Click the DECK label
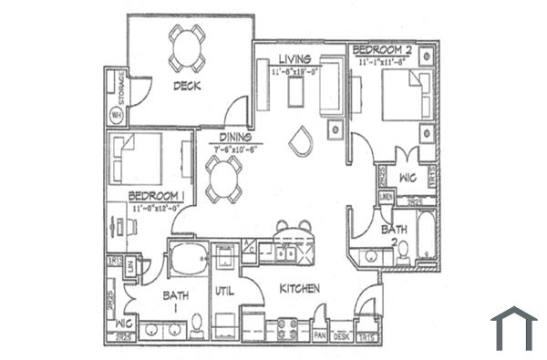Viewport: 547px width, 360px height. pos(187,87)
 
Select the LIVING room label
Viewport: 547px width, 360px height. pos(295,60)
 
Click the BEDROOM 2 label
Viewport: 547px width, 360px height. pos(383,52)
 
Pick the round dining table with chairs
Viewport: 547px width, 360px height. pos(223,179)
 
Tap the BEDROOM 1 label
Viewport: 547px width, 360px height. pos(157,196)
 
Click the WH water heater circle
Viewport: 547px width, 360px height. pos(116,115)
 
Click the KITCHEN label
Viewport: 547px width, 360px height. pos(298,289)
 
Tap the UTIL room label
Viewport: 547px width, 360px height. pos(225,292)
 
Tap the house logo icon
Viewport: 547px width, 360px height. pos(513,328)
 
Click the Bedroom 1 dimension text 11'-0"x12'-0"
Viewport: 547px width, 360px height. pos(157,209)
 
